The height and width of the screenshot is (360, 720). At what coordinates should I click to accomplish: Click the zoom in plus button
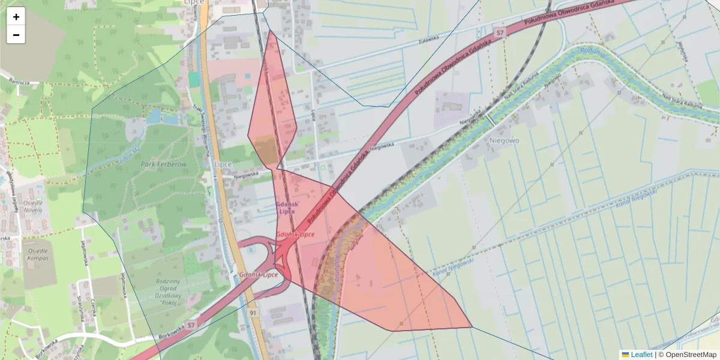coord(16,17)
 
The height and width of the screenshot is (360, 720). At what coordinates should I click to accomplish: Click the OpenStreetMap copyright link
coord(691,355)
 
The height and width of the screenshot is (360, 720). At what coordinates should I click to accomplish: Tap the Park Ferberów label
coord(164,164)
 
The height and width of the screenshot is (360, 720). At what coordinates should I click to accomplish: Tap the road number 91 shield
coord(253,313)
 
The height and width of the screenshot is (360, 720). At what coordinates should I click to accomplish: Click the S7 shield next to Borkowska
coord(191,325)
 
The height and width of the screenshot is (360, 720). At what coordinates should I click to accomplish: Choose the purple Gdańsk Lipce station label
coord(287,208)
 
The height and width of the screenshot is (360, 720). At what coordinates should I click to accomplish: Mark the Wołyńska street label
coord(682,52)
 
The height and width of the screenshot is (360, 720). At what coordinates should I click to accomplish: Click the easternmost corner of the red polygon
coord(472,327)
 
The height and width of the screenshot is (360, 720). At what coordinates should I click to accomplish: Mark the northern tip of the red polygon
coord(271,31)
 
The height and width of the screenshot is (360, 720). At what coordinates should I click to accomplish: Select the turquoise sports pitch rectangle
coord(193,79)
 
